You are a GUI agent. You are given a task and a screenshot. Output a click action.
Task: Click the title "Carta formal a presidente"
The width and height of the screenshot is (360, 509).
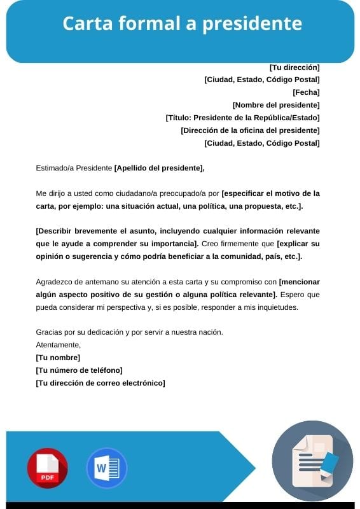pos(182,24)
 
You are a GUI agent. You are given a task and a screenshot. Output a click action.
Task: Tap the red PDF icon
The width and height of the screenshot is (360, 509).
pos(47,468)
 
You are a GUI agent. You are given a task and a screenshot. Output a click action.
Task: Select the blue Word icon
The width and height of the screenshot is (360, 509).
pos(106,468)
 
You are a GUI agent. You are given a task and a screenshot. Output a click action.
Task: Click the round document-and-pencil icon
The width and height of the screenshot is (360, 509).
pos(312,461)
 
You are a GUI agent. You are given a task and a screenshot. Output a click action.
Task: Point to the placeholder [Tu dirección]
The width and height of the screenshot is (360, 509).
pos(294,67)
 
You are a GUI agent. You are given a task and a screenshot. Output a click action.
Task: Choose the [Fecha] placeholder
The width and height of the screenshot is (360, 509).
pos(306,92)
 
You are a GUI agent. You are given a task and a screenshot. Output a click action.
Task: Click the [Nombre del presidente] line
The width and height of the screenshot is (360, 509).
pos(276,105)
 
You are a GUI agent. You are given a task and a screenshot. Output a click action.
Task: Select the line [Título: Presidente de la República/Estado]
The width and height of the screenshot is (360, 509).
pos(242,118)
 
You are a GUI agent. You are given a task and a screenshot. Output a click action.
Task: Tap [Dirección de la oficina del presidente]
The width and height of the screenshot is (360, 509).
pos(250,130)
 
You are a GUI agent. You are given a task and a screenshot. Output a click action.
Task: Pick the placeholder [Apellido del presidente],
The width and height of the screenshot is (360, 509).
pos(160,168)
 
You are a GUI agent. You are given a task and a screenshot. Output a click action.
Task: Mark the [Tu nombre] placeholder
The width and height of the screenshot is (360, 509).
pos(58,357)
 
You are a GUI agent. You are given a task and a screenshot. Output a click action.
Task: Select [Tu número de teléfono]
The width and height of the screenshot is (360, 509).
pos(79,370)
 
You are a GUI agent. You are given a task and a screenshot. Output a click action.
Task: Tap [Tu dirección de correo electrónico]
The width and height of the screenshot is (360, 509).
pos(100,382)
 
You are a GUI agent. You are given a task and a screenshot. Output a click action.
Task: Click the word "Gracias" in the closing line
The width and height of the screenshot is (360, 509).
pos(50,331)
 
